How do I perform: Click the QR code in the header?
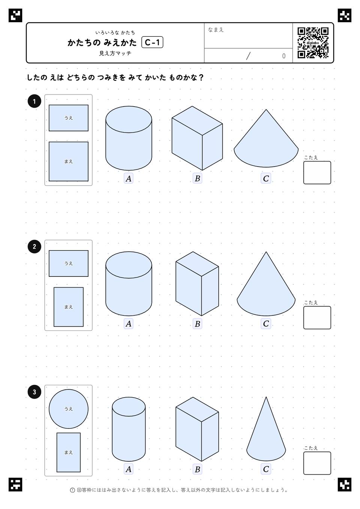pyautogui.click(x=313, y=43)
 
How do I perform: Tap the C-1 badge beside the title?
pyautogui.click(x=152, y=42)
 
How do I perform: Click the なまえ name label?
pyautogui.click(x=216, y=30)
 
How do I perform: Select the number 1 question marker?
pyautogui.click(x=34, y=101)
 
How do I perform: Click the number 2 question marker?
pyautogui.click(x=34, y=246)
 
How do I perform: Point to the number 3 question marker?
pyautogui.click(x=34, y=392)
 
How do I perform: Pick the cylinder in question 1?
pyautogui.click(x=129, y=138)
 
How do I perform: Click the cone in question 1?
pyautogui.click(x=266, y=138)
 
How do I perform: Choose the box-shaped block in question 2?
pyautogui.click(x=197, y=284)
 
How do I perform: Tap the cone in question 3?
pyautogui.click(x=266, y=429)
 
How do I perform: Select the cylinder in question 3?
pyautogui.click(x=129, y=429)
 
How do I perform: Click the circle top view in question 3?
pyautogui.click(x=69, y=409)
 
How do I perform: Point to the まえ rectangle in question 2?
pyautogui.click(x=69, y=307)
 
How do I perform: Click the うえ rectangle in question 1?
pyautogui.click(x=69, y=118)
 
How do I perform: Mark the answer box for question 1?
pyautogui.click(x=317, y=173)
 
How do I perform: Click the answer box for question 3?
pyautogui.click(x=317, y=463)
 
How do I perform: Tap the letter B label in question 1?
pyautogui.click(x=197, y=179)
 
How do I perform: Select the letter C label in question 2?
pyautogui.click(x=266, y=324)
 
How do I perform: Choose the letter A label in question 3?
pyautogui.click(x=129, y=469)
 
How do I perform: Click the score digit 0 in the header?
pyautogui.click(x=283, y=56)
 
